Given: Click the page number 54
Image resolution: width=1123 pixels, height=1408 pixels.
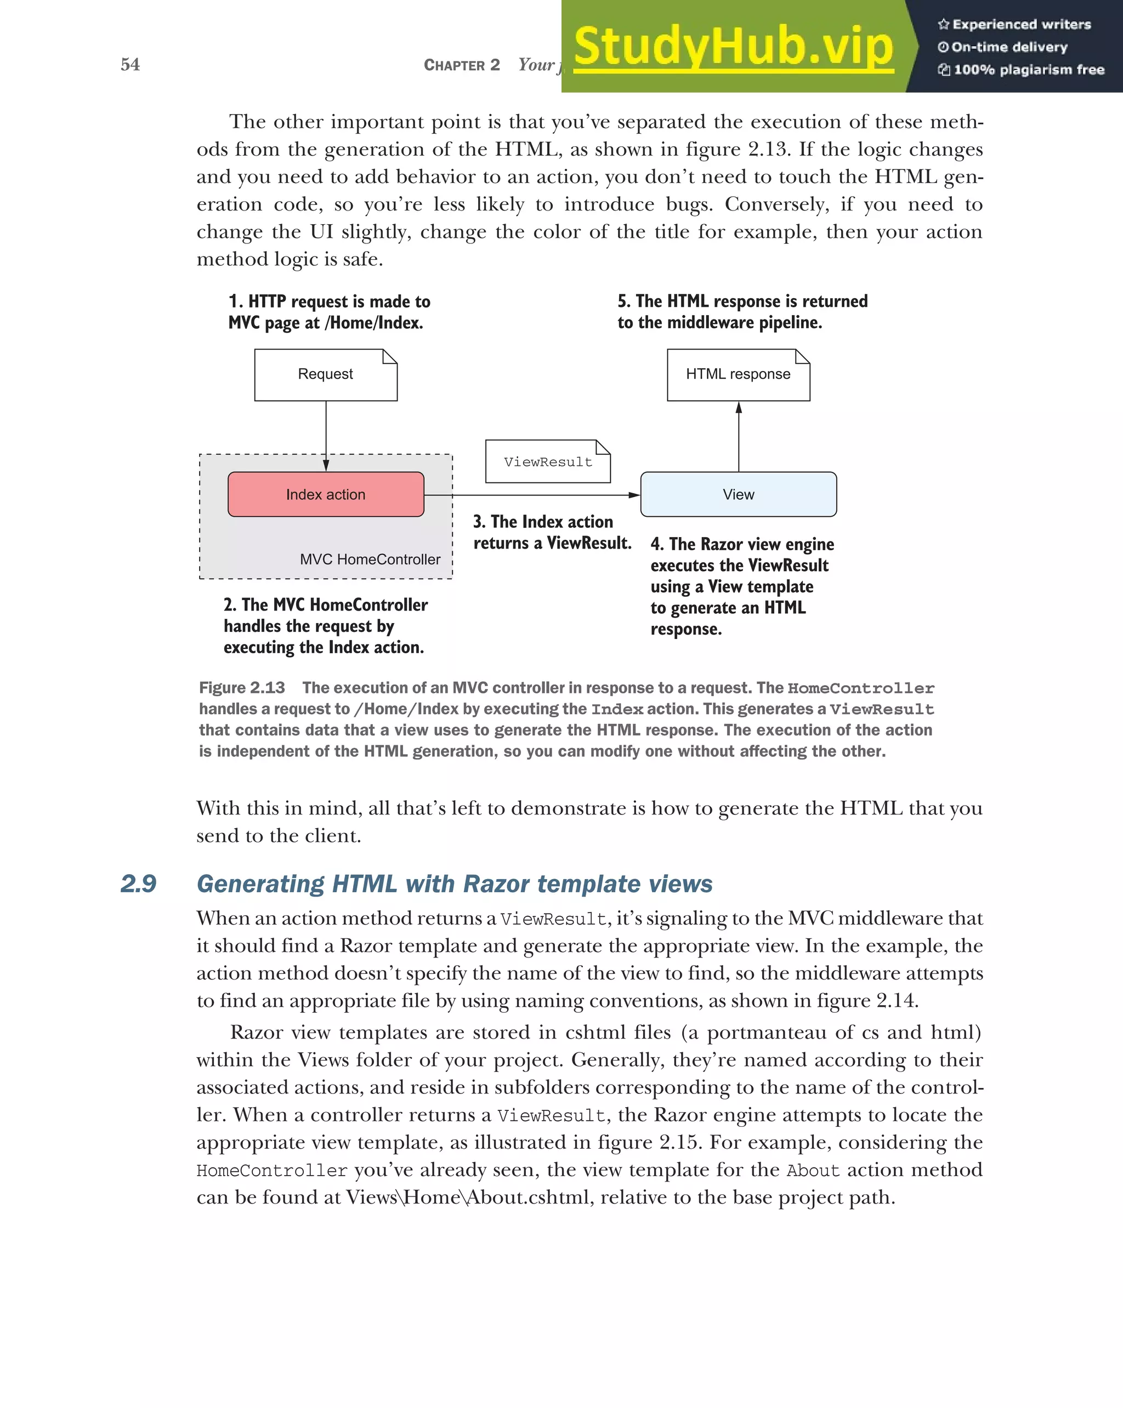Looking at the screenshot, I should coord(130,64).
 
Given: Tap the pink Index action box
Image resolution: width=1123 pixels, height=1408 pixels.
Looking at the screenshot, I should coord(325,494).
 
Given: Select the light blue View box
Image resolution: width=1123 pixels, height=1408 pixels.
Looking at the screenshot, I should coord(738,494).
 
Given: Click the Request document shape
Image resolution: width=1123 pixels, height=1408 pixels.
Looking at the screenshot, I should coord(325,374).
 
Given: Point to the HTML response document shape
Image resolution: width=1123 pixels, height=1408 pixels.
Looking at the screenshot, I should coord(738,374).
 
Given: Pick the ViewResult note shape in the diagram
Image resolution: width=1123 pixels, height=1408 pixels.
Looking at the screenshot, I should coord(547,461).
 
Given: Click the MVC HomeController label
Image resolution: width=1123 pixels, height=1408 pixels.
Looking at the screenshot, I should coord(370,559).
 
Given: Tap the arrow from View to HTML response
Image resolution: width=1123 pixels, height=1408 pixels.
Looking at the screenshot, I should coord(739,436).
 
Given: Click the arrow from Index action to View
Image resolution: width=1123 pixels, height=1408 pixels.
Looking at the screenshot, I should coord(532,495).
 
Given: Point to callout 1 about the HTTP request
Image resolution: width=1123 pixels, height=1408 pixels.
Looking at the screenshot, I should coord(329,311).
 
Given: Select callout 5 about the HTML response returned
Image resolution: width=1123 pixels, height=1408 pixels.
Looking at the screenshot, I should coord(742,311).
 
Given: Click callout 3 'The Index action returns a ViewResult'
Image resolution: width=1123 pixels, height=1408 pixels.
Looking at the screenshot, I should coord(552,532).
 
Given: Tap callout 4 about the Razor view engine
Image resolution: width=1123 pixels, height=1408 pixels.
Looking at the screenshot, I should coord(742,586).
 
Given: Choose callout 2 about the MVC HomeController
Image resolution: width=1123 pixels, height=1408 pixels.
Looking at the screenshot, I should coord(325,626).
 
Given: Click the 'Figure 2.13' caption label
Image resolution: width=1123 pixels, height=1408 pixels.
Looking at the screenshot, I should coord(242,688).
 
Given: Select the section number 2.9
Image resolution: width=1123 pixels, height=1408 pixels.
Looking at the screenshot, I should coord(139,883).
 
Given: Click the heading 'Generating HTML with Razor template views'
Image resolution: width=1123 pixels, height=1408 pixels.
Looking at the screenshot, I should coord(454,883).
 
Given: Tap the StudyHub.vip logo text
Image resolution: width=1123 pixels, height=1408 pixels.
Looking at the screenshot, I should coord(733,47).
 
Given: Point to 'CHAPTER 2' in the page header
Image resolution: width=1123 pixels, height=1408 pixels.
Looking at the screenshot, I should coord(461,65).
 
